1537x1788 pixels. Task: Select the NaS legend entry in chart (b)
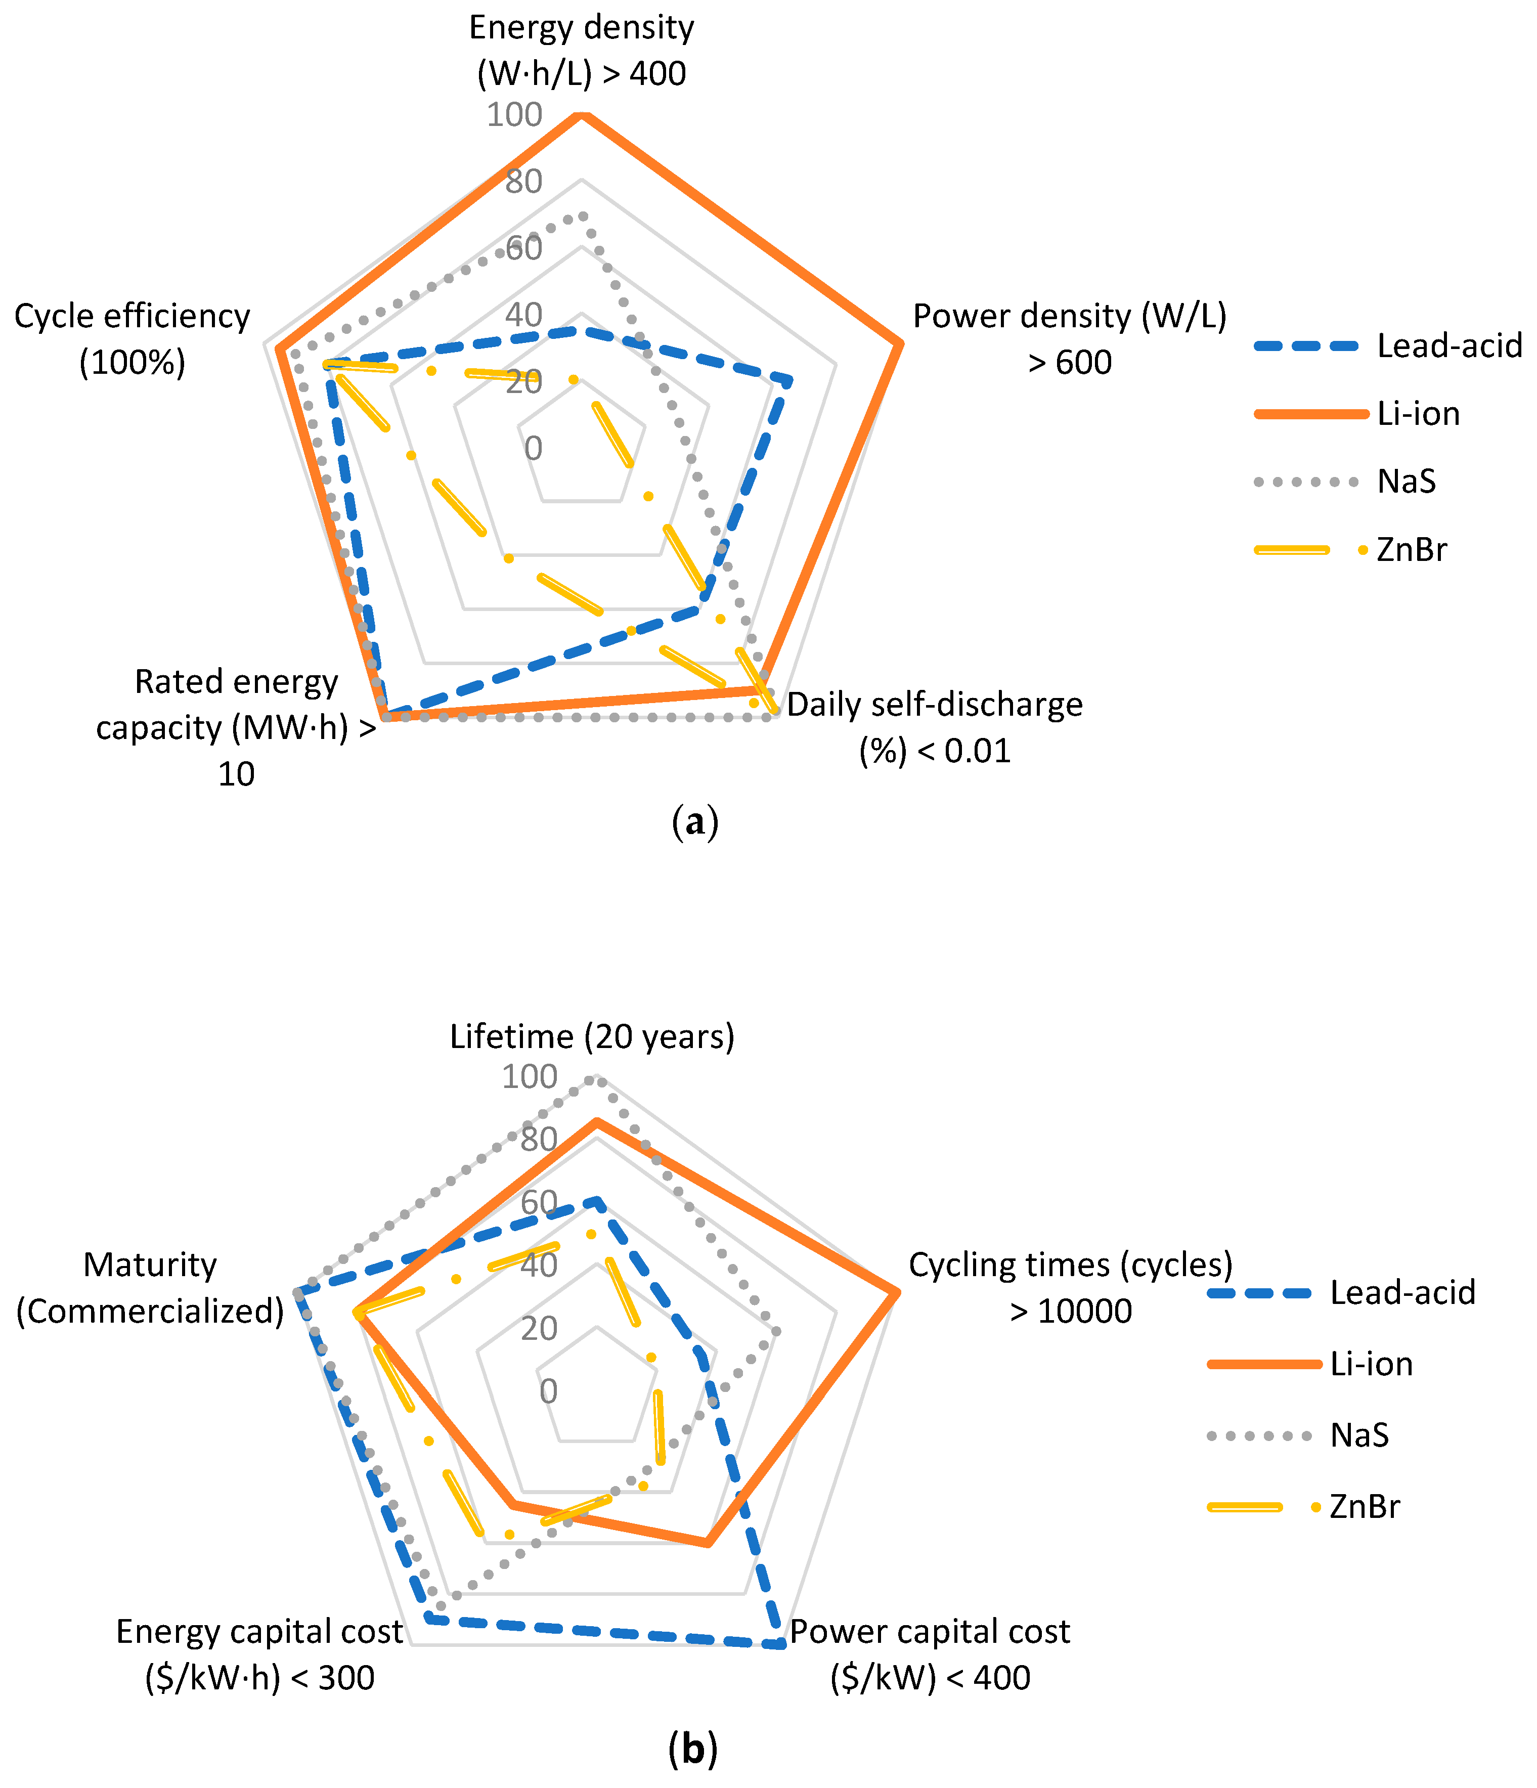coord(1359,1435)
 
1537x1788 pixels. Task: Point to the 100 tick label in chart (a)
coord(514,115)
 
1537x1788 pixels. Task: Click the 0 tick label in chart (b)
coord(548,1391)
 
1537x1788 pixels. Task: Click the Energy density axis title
coord(582,50)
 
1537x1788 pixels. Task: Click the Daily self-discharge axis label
coord(935,727)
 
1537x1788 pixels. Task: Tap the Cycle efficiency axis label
coord(132,338)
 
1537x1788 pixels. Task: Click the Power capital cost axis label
coord(930,1654)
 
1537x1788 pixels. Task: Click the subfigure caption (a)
coord(694,822)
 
